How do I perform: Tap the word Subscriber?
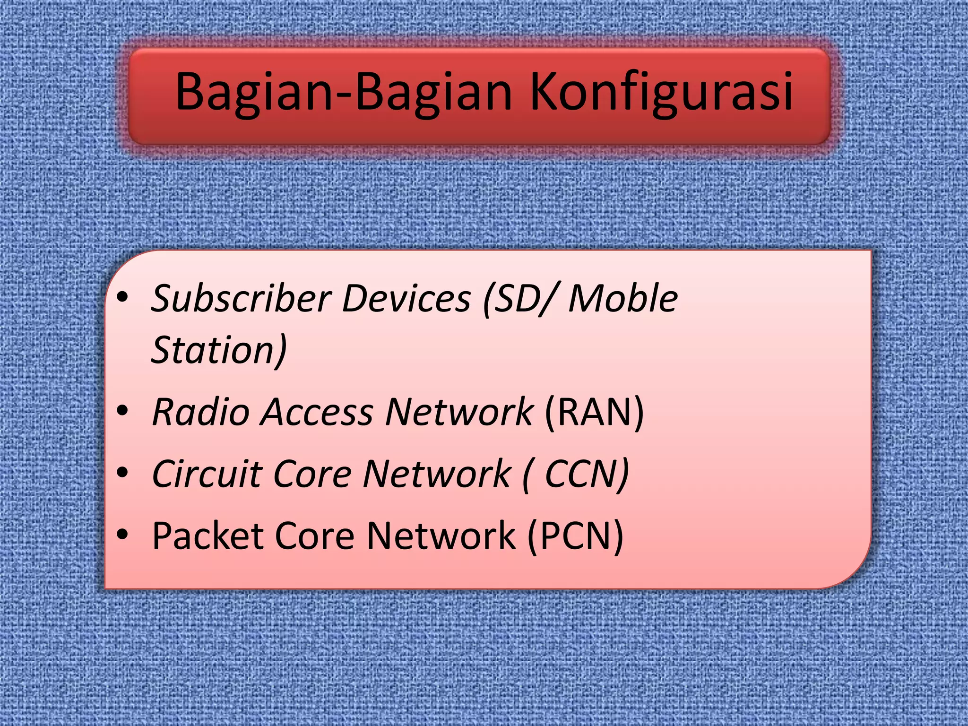pos(242,299)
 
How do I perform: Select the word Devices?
pos(406,299)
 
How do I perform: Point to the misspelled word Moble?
pos(623,299)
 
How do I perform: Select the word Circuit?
pos(207,474)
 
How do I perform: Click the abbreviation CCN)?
pos(587,474)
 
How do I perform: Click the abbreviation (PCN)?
pos(575,536)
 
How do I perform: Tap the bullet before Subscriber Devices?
pos(122,297)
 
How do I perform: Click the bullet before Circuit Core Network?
pos(122,472)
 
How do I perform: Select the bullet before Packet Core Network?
pos(122,534)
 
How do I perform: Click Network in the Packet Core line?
pos(441,536)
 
